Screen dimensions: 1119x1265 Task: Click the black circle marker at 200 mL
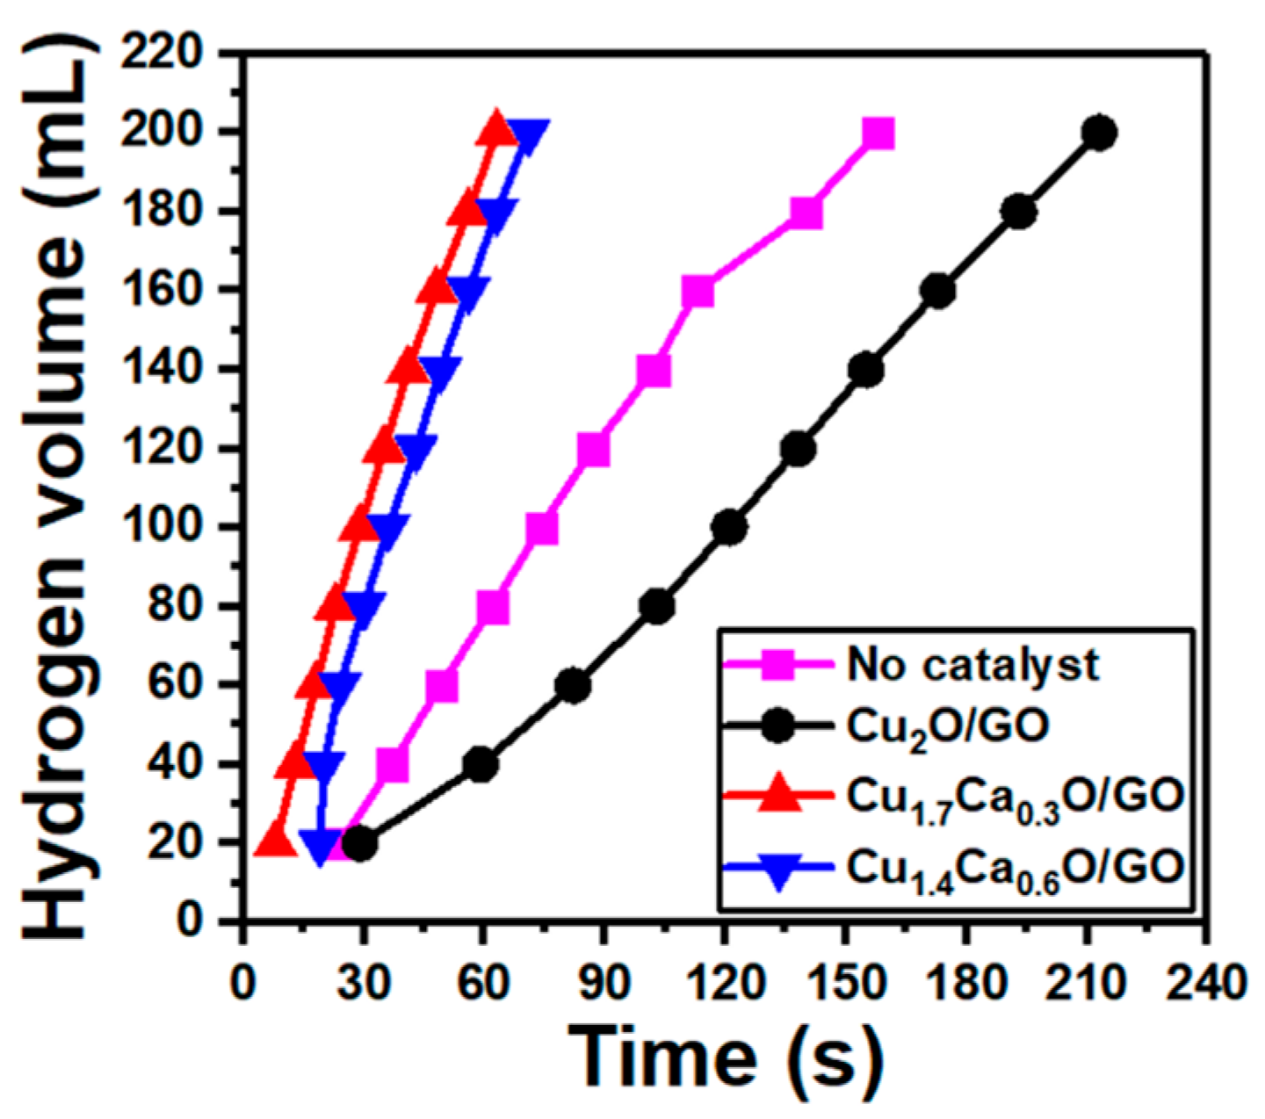pos(1099,134)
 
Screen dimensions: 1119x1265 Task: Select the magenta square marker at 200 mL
pos(878,134)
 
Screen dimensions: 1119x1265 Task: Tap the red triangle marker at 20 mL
pos(275,841)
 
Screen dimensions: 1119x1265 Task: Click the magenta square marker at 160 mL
pos(698,292)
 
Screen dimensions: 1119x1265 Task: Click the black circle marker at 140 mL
pos(866,371)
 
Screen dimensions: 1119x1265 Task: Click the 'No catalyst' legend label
pos(972,665)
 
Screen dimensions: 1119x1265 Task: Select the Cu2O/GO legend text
pos(948,727)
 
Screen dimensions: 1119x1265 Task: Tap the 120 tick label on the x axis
pos(723,982)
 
